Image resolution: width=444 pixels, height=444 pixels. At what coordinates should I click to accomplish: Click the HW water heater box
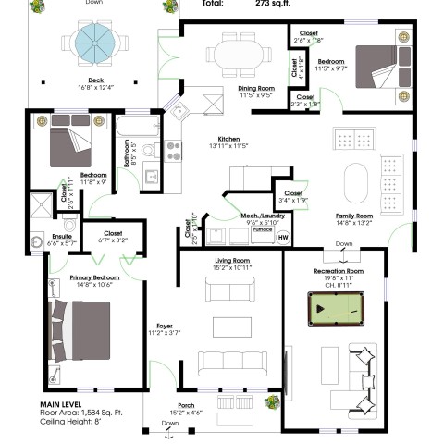pos(281,236)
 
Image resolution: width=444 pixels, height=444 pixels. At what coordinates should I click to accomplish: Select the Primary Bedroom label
pos(93,277)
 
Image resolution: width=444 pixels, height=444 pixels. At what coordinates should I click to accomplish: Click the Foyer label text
pos(165,326)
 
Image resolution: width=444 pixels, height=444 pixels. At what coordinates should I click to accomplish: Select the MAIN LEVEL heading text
pos(64,404)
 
